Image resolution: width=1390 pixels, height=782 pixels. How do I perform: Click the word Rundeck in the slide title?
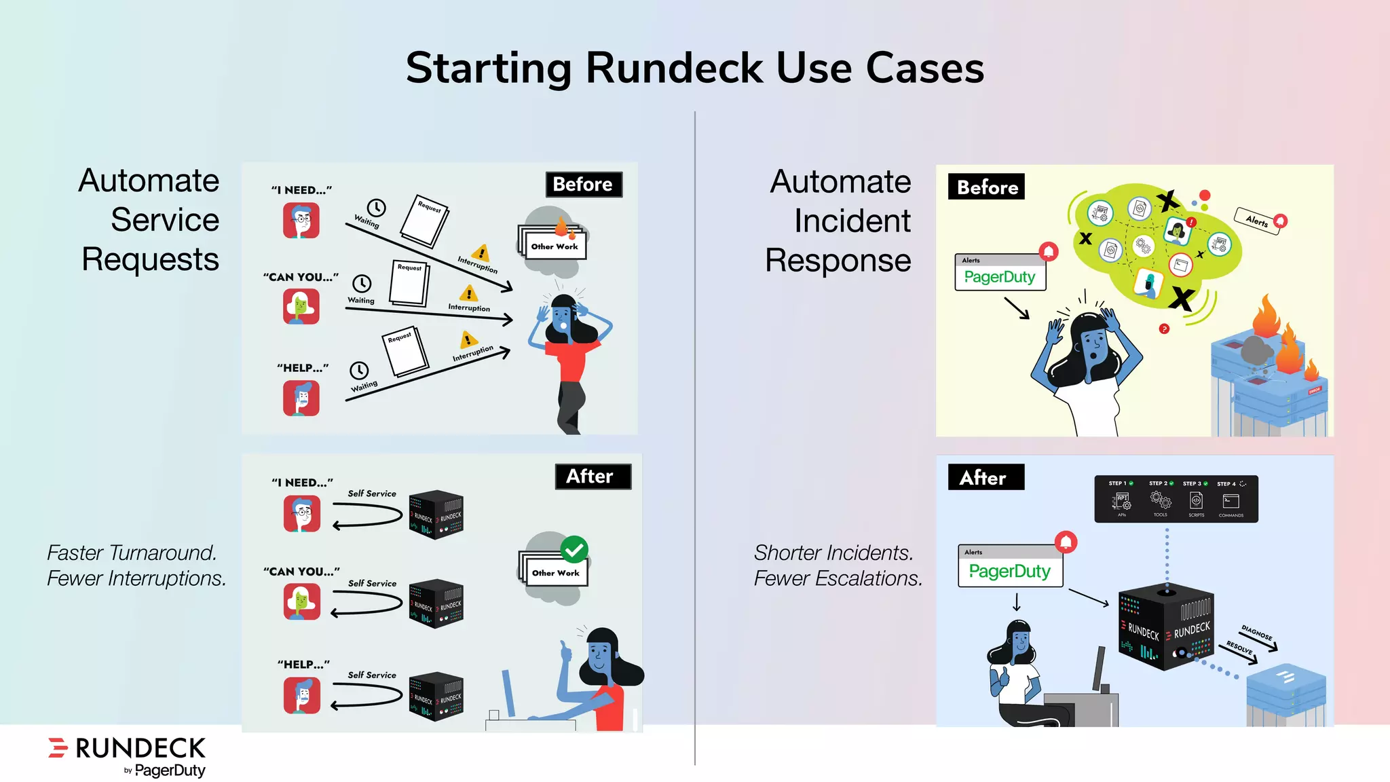(674, 69)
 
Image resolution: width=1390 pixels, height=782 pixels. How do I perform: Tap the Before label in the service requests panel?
(583, 185)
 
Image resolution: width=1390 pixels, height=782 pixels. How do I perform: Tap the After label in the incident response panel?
(985, 478)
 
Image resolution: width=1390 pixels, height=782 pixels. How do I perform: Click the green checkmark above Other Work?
(574, 550)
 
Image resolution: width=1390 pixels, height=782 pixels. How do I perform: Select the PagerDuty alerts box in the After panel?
(1010, 566)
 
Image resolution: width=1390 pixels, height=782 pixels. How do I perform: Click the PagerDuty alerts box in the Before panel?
(1000, 273)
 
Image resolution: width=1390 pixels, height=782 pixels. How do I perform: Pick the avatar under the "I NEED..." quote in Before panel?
(301, 221)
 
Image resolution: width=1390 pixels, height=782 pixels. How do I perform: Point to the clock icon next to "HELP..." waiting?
(359, 370)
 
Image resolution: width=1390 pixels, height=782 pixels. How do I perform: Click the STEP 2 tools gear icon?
(1160, 501)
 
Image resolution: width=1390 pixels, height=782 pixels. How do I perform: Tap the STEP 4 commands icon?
(1230, 502)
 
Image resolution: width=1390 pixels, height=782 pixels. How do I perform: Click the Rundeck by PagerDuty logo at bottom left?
(128, 756)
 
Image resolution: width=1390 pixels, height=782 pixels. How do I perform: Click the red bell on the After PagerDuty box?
(1066, 542)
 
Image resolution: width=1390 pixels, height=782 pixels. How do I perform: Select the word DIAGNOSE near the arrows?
(1256, 633)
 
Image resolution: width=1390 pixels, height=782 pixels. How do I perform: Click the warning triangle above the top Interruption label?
(481, 253)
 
